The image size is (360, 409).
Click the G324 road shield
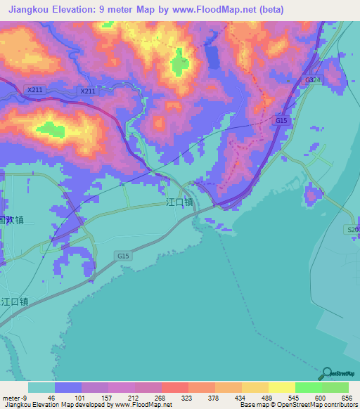coord(312,81)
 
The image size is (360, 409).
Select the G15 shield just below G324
coord(281,121)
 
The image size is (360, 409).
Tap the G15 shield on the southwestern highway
coord(124,257)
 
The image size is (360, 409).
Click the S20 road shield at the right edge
coord(352,230)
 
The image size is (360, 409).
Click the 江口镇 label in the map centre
coord(179,202)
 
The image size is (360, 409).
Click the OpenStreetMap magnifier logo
coord(327,374)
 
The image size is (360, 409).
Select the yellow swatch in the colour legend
coord(281,387)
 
